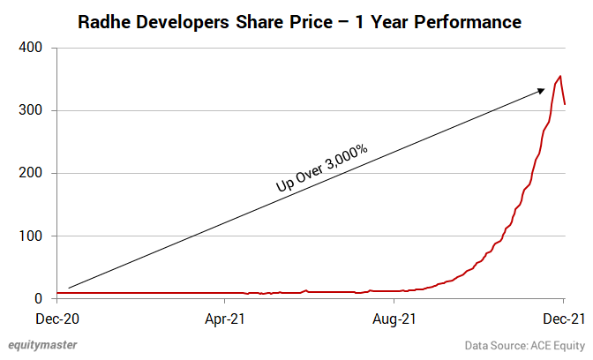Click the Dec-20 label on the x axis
pos(56,317)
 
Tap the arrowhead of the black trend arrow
pos(540,89)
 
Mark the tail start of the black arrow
pos(69,288)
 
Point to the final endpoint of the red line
pos(565,104)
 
